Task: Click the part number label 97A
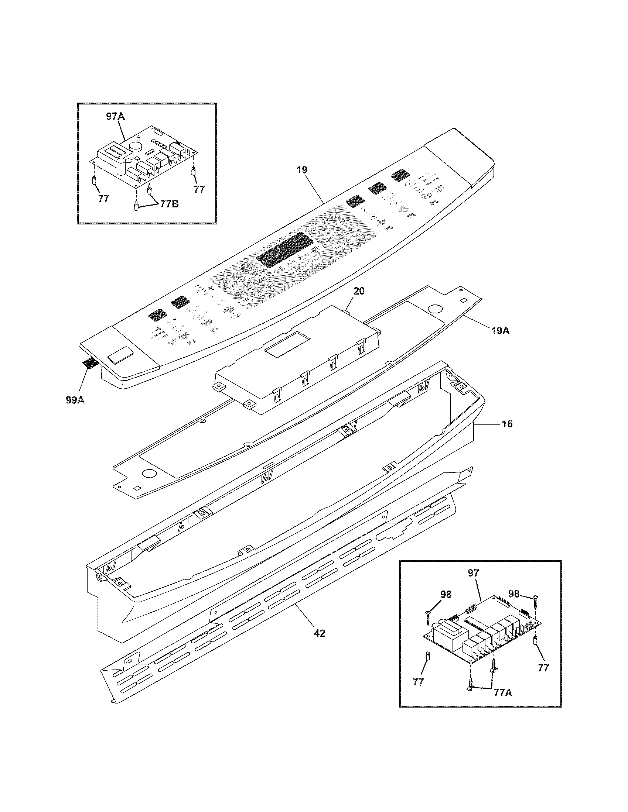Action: pyautogui.click(x=115, y=116)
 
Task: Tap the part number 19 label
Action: pyautogui.click(x=302, y=170)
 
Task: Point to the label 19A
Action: pyautogui.click(x=499, y=330)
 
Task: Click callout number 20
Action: pyautogui.click(x=359, y=291)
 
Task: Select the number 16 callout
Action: pyautogui.click(x=507, y=423)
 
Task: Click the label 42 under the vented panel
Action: pyautogui.click(x=319, y=633)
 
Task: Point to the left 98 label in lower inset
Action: pyautogui.click(x=446, y=595)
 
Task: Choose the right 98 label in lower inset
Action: pyautogui.click(x=513, y=594)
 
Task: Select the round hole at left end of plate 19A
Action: pyautogui.click(x=150, y=474)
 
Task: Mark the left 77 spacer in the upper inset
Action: pyautogui.click(x=95, y=182)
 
